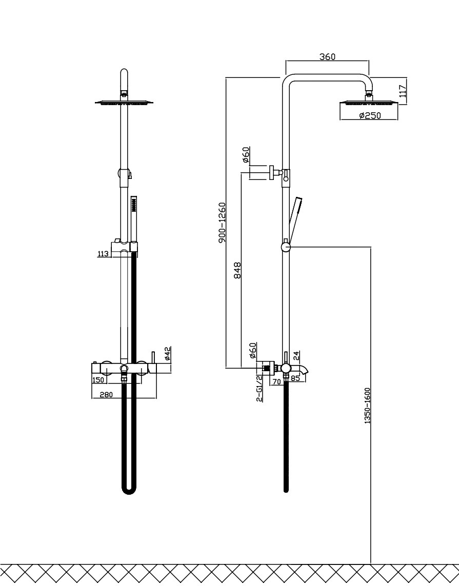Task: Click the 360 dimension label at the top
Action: [x=327, y=56]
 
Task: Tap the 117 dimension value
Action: [x=403, y=91]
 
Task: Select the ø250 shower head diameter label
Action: [x=370, y=116]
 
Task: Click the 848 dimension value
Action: [x=237, y=270]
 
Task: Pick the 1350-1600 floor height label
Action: [x=367, y=406]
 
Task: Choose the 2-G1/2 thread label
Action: [x=260, y=388]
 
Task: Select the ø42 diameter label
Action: [x=167, y=353]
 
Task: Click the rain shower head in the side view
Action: [x=369, y=104]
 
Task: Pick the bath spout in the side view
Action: [x=302, y=369]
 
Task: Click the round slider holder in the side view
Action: [x=286, y=247]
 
